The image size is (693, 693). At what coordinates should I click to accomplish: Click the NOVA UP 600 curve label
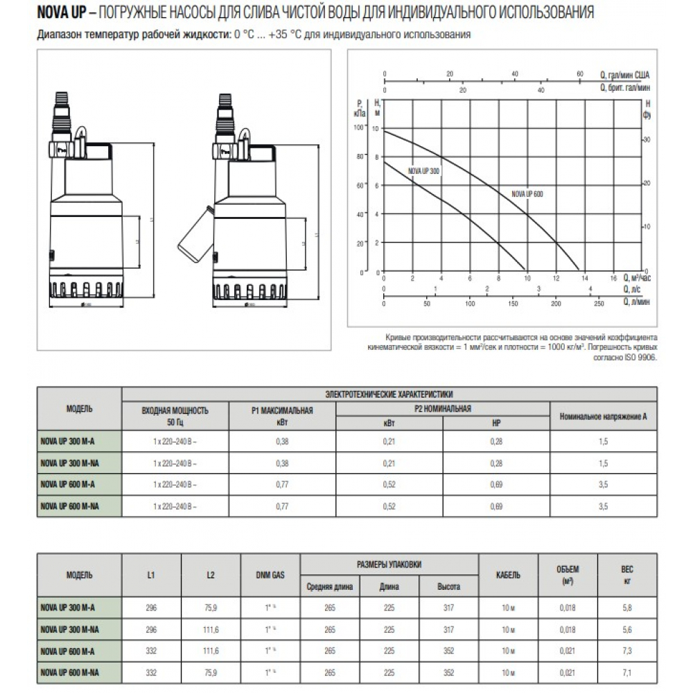coord(527,194)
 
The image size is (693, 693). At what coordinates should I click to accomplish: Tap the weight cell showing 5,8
coord(627,607)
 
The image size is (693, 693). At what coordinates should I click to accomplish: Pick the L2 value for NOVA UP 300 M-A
coord(211,607)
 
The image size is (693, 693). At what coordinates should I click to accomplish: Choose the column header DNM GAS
coord(270,575)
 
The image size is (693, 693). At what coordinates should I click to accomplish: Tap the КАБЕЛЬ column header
coord(509,575)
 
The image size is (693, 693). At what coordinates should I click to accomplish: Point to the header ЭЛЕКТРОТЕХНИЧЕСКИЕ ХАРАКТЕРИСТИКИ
coord(389,394)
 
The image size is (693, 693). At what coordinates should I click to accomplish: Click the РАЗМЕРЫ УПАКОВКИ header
coord(389,564)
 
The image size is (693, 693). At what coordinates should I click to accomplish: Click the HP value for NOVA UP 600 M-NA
coord(495,507)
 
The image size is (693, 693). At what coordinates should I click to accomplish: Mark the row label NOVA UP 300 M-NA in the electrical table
coord(70,462)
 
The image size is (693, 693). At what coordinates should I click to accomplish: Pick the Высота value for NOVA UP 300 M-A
coord(448,607)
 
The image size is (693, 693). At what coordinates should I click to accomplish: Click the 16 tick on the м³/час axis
coord(613,278)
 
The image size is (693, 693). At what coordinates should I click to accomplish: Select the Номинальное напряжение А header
coord(603,416)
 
